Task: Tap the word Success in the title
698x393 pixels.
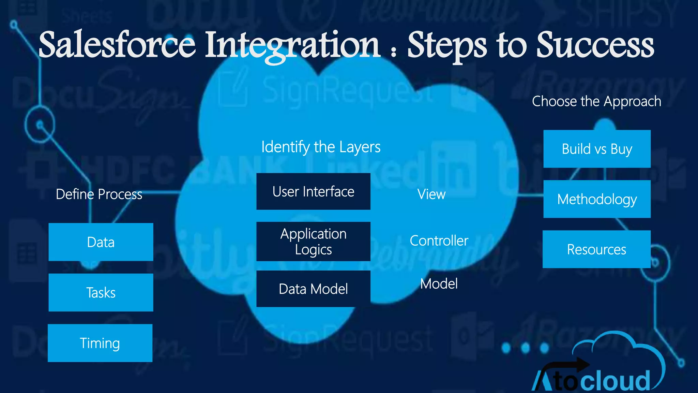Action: click(595, 45)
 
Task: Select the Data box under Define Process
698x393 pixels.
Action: click(101, 242)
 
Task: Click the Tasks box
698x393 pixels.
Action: click(101, 293)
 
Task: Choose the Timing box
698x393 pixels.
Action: click(100, 343)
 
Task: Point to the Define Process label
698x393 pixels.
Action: click(99, 194)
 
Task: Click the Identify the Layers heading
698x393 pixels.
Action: click(321, 147)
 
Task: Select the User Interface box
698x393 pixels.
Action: click(313, 191)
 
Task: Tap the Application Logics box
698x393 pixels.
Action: click(313, 242)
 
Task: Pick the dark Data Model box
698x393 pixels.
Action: click(313, 289)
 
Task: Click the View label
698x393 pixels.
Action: click(431, 194)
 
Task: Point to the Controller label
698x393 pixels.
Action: click(439, 241)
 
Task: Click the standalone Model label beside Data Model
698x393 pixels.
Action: click(439, 284)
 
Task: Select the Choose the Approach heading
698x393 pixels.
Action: click(596, 101)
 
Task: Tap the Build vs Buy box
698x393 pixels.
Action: click(597, 149)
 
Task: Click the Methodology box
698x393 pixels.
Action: click(597, 199)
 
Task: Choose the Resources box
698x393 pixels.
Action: click(596, 249)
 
